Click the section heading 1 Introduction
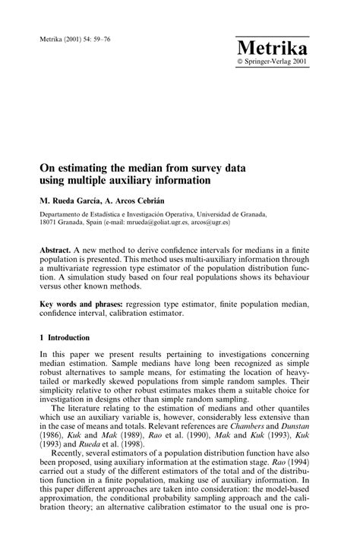tap(65, 338)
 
